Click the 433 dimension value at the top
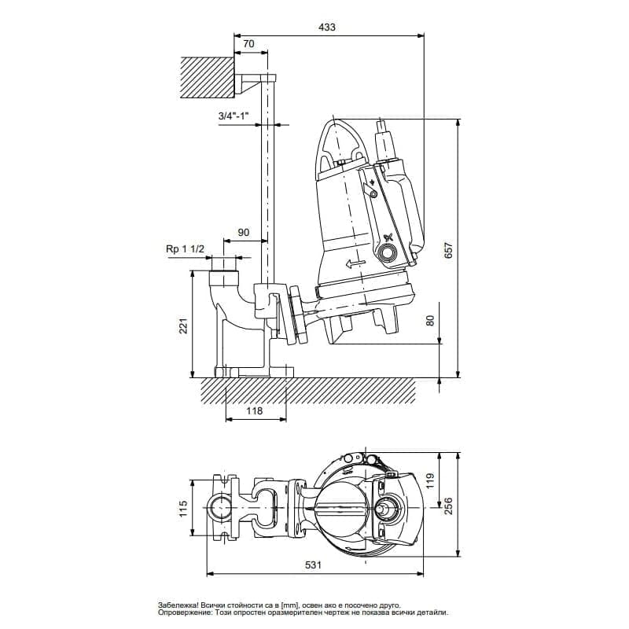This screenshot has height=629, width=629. pos(327,27)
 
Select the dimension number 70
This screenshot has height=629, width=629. pos(248,44)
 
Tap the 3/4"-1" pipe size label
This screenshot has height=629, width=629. pos(234,117)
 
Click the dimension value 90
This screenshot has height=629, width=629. pos(243,233)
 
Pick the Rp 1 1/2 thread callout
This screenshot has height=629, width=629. pos(186,248)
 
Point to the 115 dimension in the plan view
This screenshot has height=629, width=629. pos(182,508)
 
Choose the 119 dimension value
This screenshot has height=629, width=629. pos(429,481)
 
